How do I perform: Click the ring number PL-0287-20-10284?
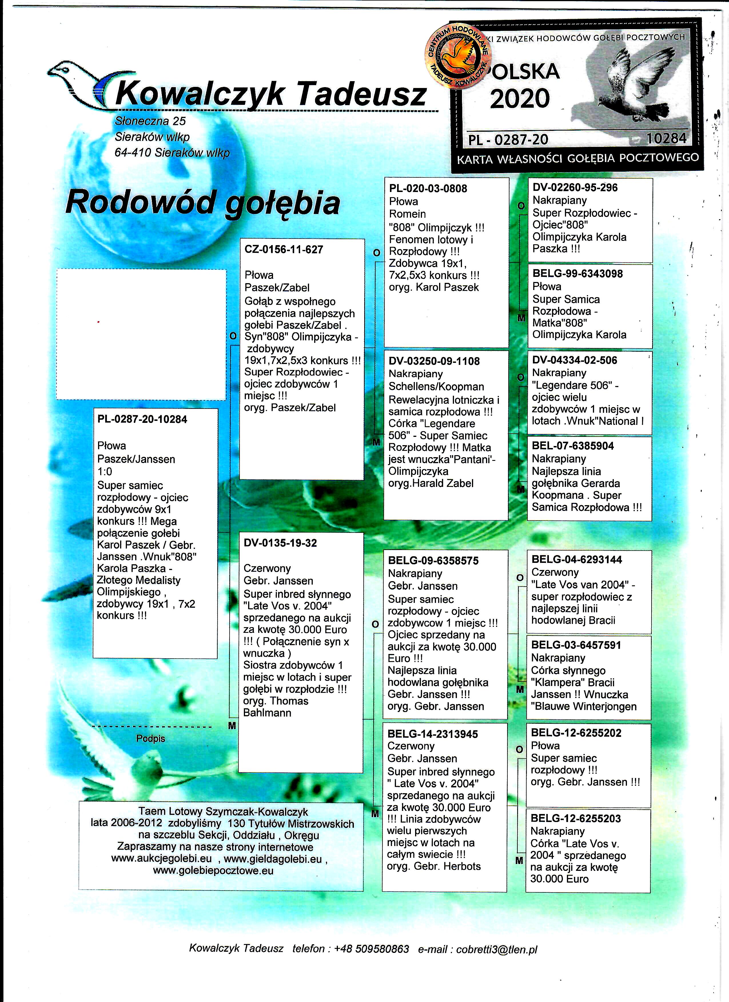pos(142,419)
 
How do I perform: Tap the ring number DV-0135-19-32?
pos(280,543)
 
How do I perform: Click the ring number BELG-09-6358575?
pos(433,561)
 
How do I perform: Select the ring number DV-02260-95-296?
pos(575,187)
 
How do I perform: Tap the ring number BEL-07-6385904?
pos(573,446)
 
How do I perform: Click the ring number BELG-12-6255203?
pos(575,818)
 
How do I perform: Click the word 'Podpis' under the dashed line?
pos(150,739)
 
